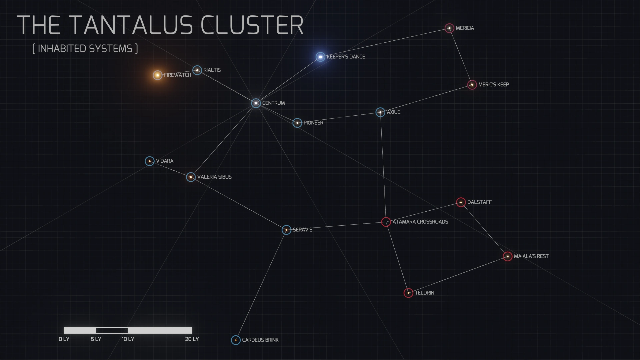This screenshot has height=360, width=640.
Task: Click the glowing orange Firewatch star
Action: coord(157,75)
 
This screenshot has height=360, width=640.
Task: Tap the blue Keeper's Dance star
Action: coord(320,57)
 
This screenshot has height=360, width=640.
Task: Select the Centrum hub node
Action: coord(256,103)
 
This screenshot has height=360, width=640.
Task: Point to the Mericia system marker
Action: coord(449,28)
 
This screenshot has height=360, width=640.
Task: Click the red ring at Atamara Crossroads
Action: coord(386,222)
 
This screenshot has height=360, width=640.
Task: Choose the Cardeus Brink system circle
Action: coord(236,340)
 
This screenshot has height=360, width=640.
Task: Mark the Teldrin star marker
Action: coord(408,293)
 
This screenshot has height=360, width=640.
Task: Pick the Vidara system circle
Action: coord(150,161)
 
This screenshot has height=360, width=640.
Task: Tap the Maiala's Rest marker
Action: coord(507,256)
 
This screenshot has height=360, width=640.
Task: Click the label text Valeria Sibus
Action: coord(214,177)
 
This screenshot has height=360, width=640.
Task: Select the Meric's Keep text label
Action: coord(493,85)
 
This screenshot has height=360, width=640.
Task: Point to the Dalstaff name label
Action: coord(479,202)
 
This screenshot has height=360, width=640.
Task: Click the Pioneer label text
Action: coord(313,123)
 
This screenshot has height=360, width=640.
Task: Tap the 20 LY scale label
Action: coord(192,339)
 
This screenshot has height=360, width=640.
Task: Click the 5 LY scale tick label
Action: coord(96,339)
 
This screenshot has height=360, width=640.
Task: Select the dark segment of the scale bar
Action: coord(112,330)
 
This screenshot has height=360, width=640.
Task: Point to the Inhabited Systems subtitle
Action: coord(85,49)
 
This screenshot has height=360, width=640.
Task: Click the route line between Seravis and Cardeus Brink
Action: coord(261,285)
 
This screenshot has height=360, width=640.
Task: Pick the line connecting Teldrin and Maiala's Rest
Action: coord(458,275)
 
